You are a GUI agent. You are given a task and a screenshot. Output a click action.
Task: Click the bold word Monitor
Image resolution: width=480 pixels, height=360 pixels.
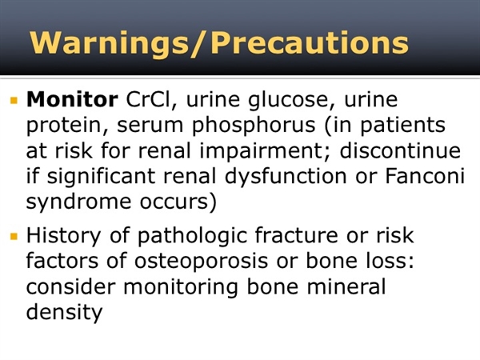click(72, 99)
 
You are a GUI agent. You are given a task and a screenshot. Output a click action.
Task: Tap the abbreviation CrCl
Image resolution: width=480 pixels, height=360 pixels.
click(148, 99)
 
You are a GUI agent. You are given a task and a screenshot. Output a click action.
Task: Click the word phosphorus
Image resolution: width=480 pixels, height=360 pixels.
click(254, 126)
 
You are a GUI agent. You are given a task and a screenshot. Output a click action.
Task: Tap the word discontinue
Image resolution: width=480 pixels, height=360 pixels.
click(400, 150)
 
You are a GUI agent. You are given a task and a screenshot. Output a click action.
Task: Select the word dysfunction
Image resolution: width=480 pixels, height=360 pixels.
click(286, 177)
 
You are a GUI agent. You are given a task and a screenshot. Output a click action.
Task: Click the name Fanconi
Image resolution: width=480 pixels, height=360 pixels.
click(425, 176)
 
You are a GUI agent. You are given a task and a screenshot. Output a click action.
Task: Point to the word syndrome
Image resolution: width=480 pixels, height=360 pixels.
click(78, 202)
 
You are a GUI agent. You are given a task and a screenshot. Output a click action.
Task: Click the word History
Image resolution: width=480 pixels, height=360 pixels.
click(63, 236)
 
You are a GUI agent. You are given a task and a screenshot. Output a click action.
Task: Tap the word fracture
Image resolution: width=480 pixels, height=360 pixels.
click(296, 235)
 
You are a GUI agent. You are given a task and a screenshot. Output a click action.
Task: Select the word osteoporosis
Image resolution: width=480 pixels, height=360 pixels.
click(201, 262)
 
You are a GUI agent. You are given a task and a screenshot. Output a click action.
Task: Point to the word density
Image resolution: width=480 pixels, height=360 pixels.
click(64, 313)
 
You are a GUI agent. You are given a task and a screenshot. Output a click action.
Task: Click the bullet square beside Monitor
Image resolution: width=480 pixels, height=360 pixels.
click(14, 101)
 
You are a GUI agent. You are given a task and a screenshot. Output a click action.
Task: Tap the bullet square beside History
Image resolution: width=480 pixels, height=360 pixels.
click(14, 236)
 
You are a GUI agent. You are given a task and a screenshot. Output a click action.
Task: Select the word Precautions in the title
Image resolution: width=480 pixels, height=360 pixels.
click(310, 42)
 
